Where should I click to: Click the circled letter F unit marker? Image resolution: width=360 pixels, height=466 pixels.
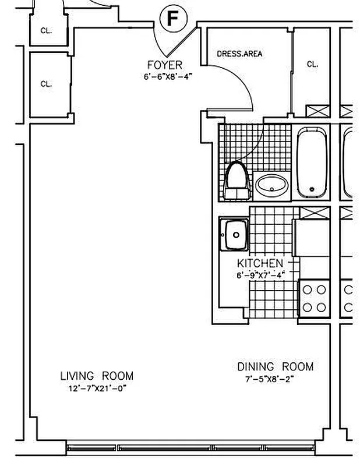172,19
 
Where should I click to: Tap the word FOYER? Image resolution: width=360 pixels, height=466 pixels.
164,65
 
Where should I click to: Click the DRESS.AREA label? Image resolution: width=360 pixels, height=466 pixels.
239,54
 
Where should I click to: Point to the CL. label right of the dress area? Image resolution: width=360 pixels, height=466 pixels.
312,65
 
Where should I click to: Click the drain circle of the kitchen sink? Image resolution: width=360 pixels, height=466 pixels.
236,235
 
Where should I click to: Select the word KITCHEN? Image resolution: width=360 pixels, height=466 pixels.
260,264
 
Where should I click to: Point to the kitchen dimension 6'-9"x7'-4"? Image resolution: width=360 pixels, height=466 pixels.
260,275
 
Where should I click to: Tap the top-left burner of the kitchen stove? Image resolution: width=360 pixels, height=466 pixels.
308,289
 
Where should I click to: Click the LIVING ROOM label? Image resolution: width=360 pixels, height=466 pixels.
97,376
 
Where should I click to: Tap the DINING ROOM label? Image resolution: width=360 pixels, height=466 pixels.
274,366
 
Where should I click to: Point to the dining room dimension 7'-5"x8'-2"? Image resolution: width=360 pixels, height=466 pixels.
269,378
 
